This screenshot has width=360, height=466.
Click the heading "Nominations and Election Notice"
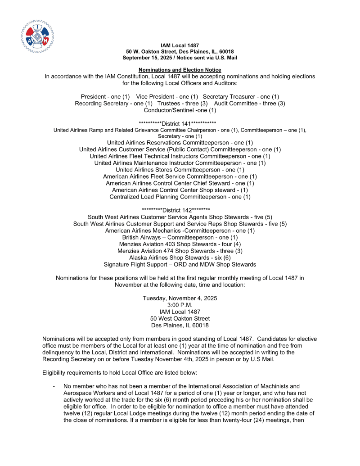(x=180, y=70)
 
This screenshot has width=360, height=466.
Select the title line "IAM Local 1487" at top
(x=180, y=45)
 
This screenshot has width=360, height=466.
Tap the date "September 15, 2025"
(x=147, y=58)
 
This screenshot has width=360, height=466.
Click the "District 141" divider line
(x=180, y=123)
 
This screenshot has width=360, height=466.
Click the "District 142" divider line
(x=180, y=210)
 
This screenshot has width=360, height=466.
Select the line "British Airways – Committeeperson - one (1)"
(x=180, y=237)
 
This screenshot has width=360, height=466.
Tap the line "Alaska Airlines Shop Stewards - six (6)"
(x=180, y=258)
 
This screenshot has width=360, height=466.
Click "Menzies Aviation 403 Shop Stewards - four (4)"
(x=180, y=244)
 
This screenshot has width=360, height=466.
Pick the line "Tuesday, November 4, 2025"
(x=180, y=299)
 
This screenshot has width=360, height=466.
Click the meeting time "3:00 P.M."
(x=180, y=305)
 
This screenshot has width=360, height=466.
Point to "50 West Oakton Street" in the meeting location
(x=180, y=319)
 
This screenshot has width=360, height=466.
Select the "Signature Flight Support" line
(x=180, y=264)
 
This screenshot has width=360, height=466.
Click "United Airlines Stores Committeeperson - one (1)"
(x=180, y=170)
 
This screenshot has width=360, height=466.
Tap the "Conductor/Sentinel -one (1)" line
(x=180, y=110)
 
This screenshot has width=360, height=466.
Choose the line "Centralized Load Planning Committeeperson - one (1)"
(x=180, y=197)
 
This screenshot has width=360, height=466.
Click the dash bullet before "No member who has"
(x=54, y=386)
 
